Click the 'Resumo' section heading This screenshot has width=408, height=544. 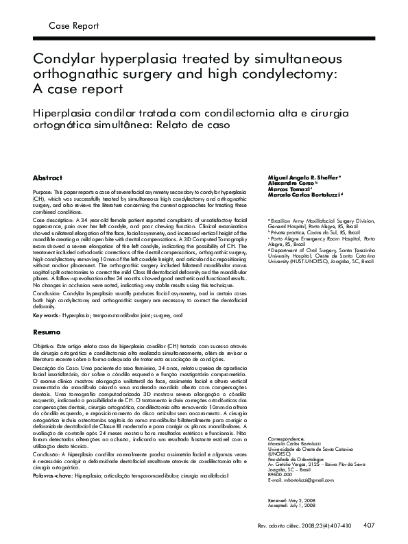(47, 332)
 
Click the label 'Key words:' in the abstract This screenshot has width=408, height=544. (47, 317)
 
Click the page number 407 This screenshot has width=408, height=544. (368, 526)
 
